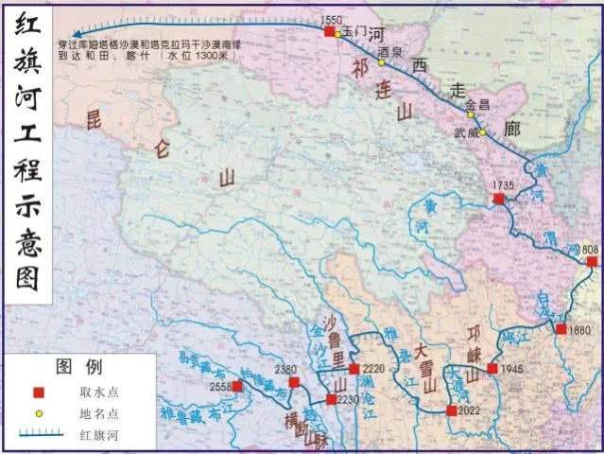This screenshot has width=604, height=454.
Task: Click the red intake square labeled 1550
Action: tap(329, 31)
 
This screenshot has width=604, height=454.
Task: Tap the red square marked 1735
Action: tap(499, 200)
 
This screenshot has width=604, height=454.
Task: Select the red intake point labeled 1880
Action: tap(561, 329)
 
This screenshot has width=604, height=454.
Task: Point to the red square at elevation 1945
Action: tap(492, 368)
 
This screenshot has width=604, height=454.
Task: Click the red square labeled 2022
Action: tap(451, 410)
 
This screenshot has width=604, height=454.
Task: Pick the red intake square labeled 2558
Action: tap(237, 386)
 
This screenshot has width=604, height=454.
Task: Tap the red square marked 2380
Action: tap(294, 382)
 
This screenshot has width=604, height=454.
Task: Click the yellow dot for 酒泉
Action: tap(382, 62)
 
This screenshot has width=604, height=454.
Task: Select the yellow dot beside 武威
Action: tap(481, 132)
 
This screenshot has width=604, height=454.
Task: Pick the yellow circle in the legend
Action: tap(39, 413)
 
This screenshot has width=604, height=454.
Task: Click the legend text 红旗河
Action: tap(98, 435)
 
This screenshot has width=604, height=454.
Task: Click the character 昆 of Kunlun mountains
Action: tap(93, 120)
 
